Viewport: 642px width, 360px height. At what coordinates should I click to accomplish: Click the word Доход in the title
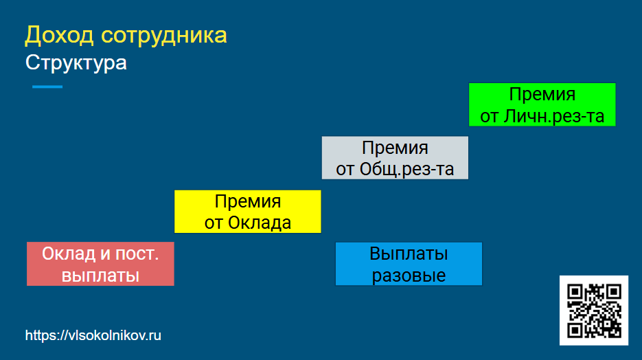point(59,35)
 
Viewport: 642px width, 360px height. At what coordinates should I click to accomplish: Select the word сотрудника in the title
point(164,36)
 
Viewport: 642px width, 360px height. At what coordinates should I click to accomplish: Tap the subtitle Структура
point(76,63)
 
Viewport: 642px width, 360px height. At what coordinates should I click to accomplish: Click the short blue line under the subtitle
point(47,87)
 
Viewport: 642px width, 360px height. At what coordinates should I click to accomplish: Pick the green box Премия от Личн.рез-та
point(542,104)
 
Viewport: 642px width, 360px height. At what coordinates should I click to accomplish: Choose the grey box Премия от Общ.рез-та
point(395,158)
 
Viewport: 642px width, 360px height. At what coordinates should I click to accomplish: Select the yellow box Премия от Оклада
point(248,212)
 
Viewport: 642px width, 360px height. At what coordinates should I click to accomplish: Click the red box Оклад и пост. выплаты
point(100,264)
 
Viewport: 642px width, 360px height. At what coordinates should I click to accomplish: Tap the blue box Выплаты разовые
point(409,264)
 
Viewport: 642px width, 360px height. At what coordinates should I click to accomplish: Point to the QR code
point(594,311)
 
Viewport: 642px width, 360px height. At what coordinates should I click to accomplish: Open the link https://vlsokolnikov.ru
point(93,335)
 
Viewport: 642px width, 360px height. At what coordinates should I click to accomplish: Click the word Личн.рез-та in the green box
point(554,116)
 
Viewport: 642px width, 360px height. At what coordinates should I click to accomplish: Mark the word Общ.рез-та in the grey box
point(407,169)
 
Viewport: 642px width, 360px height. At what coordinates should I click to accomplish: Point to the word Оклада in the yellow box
point(260,223)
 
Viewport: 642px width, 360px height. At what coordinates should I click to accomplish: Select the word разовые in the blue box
point(409,275)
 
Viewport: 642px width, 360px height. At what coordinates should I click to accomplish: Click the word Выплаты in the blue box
point(409,254)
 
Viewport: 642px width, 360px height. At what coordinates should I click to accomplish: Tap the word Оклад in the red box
point(69,254)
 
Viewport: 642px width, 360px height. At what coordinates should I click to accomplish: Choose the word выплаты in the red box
point(100,275)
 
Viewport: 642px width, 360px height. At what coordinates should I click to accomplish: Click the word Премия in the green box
point(542,95)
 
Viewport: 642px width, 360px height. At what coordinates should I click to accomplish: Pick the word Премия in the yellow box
point(248,201)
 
